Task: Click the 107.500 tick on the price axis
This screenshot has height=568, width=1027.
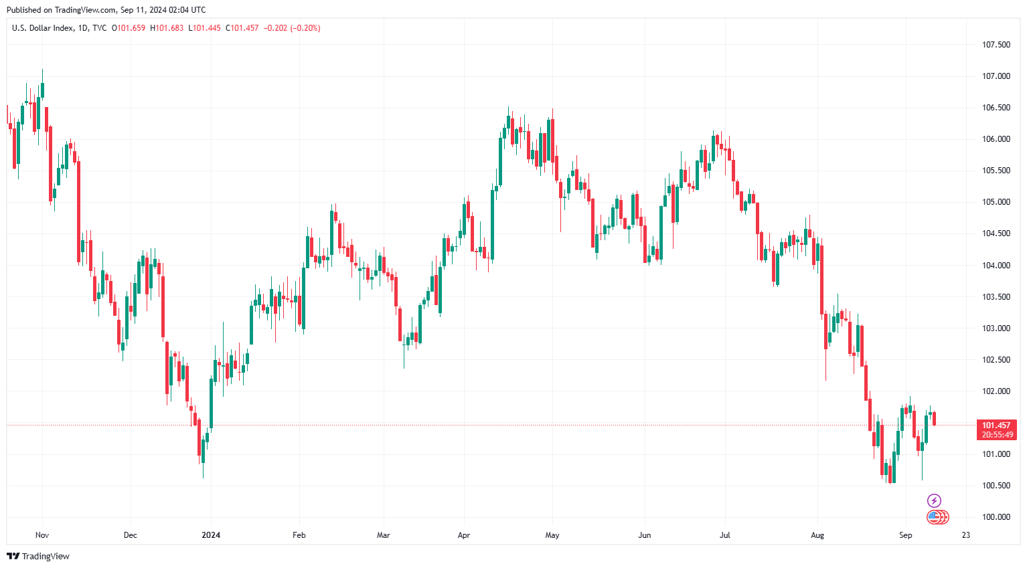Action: pos(996,45)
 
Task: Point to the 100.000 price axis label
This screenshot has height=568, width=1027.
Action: pos(996,517)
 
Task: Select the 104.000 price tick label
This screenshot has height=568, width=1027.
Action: pos(996,266)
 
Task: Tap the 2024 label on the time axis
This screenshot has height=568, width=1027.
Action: pos(211,535)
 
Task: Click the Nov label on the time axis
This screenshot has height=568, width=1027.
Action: pos(42,535)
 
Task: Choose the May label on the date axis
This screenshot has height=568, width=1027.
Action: pos(552,535)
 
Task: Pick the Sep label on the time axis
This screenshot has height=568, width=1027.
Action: pos(905,535)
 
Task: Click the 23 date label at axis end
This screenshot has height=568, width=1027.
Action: pos(965,535)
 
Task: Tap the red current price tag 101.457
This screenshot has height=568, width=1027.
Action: pos(996,425)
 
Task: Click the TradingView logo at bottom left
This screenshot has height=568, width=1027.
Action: pos(38,556)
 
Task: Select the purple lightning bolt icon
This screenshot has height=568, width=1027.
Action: pos(934,500)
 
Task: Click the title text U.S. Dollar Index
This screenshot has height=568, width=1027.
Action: pos(43,28)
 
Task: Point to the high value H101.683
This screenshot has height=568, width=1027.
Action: pos(167,28)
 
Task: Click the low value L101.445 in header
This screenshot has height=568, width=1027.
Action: pos(204,28)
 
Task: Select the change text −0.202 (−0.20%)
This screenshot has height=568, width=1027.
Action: pos(292,28)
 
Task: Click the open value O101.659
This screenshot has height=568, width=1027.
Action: pos(129,28)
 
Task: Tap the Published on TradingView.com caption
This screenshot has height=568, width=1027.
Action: pos(106,10)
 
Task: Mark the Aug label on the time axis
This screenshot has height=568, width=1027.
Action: pos(817,535)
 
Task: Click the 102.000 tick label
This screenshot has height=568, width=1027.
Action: pos(996,391)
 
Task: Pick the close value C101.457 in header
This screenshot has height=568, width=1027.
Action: pos(242,28)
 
